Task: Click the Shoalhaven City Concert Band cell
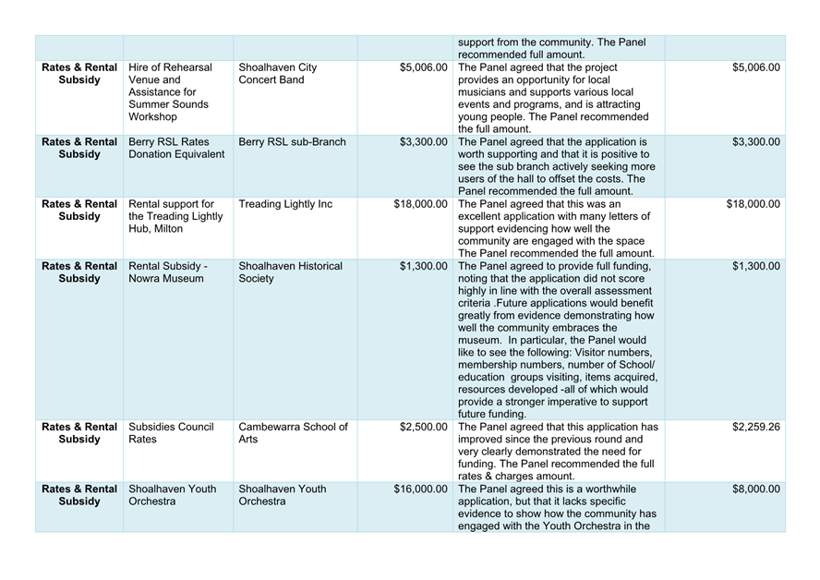(277, 75)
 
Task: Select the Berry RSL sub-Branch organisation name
(292, 142)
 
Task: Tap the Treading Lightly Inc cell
(284, 204)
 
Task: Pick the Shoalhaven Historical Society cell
(290, 272)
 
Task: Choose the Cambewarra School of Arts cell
(293, 433)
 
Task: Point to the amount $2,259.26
(755, 427)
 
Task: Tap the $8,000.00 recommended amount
(755, 489)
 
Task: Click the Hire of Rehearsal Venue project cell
(171, 92)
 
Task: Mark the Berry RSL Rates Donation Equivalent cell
(175, 148)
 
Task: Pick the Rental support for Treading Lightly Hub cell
(172, 216)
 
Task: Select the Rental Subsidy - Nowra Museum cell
(168, 272)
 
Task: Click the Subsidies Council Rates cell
(171, 433)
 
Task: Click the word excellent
(486, 216)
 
